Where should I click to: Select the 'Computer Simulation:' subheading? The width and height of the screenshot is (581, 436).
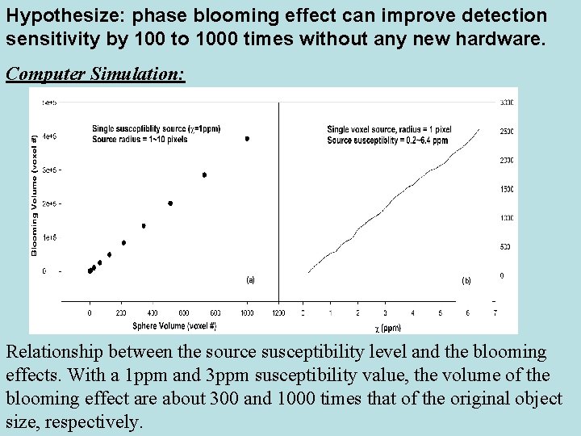95,74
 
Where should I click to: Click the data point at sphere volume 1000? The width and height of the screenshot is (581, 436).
247,139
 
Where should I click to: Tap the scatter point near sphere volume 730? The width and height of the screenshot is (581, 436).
204,175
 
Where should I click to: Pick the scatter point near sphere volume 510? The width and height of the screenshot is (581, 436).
170,203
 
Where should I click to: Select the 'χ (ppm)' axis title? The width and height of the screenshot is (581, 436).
387,327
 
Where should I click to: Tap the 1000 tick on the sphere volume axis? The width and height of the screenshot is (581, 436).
247,313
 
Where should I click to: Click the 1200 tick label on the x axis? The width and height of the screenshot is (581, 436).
279,313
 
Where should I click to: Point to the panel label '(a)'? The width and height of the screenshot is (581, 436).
249,280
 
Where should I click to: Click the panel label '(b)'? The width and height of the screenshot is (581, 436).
466,281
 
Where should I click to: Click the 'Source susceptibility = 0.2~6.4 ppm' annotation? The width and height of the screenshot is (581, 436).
387,140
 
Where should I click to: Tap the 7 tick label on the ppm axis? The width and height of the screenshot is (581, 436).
495,313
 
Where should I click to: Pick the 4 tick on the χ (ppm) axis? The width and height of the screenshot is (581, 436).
412,313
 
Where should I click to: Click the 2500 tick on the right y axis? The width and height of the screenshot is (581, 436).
505,132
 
